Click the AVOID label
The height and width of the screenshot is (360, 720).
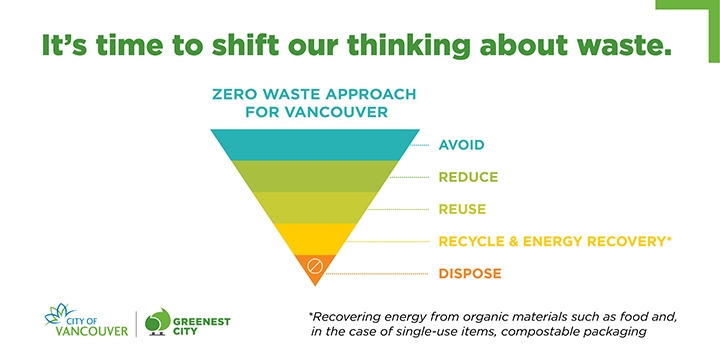coord(461,145)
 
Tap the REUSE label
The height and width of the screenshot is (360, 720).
coord(461,209)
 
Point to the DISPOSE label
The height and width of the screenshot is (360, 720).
coord(469,273)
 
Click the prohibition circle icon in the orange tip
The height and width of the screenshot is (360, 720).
coord(312,267)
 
